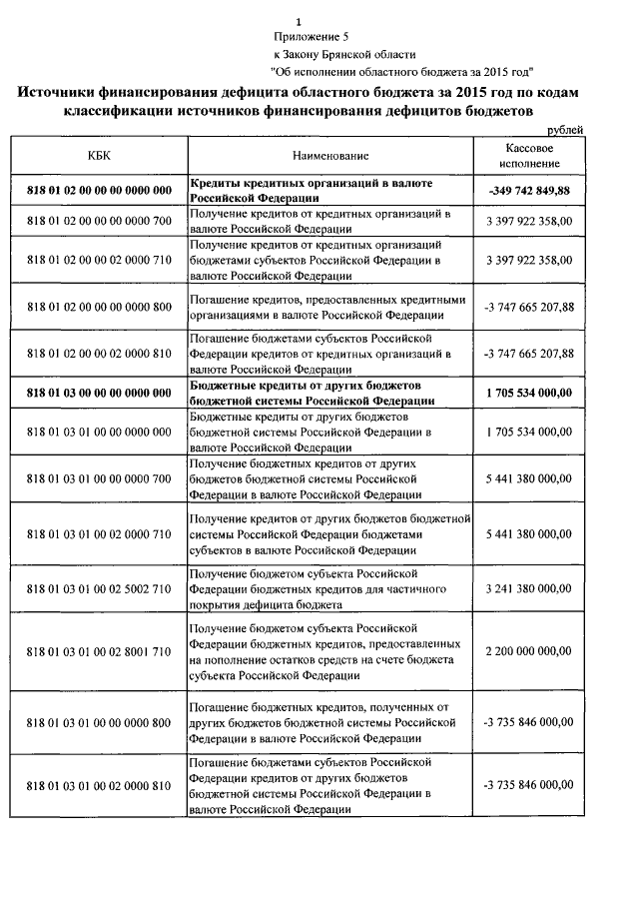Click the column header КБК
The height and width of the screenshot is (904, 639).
(98, 156)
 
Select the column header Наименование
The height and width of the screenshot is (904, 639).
(330, 156)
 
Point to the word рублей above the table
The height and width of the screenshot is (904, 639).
(564, 130)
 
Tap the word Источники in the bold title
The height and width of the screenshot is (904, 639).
(67, 92)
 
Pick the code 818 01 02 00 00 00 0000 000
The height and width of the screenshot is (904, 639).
(99, 190)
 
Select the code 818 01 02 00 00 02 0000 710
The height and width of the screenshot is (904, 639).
(99, 260)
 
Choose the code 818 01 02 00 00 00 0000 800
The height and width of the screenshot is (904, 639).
(99, 307)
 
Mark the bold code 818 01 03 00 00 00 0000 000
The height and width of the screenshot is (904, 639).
(99, 393)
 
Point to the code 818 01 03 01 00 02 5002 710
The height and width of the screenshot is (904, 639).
(99, 589)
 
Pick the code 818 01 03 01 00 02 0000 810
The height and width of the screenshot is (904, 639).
(99, 785)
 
